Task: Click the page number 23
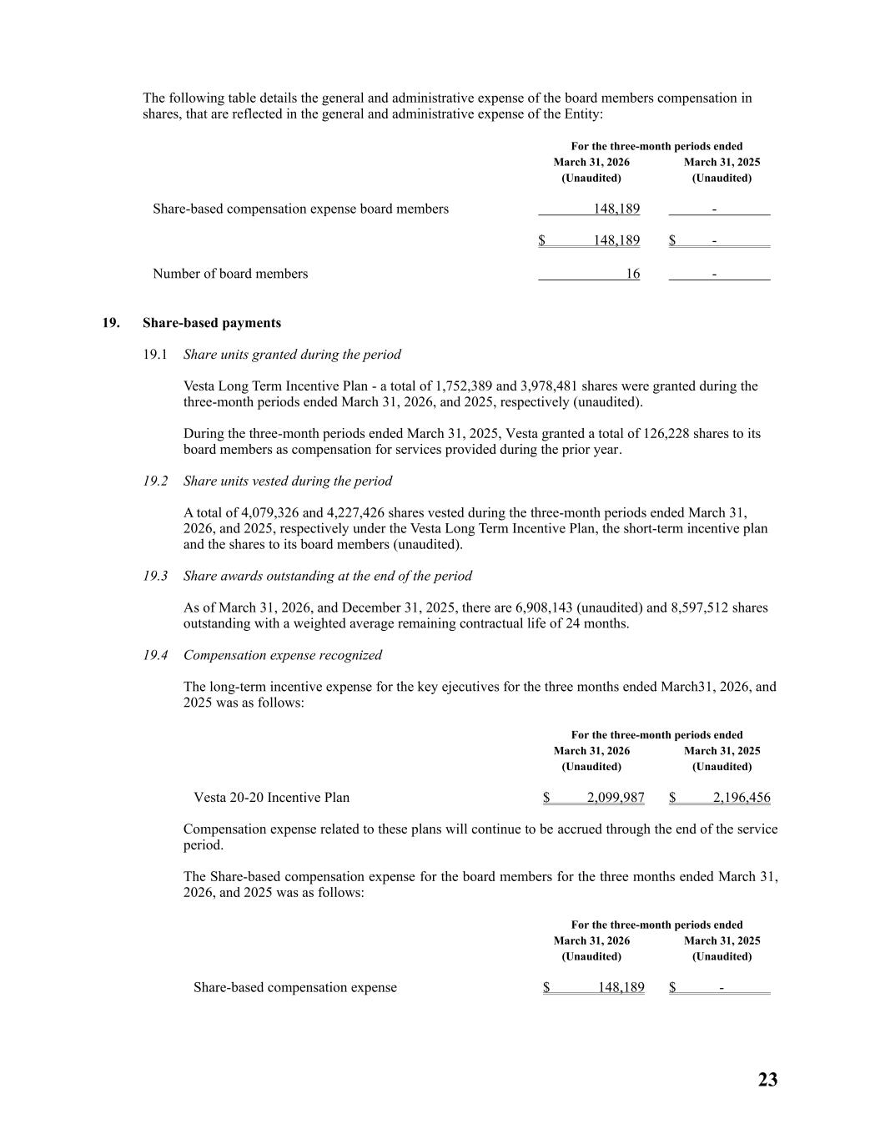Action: tap(767, 1080)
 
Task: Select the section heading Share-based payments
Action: tap(211, 323)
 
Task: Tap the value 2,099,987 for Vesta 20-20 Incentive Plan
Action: tap(616, 798)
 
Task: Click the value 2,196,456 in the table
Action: tap(742, 798)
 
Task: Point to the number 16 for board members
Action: tap(633, 274)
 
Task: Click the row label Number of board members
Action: tap(230, 274)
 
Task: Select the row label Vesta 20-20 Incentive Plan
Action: tap(271, 798)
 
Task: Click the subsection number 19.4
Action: tap(155, 655)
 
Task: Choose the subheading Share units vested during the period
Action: tap(287, 481)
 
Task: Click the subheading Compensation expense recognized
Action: tap(282, 655)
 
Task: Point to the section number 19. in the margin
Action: tap(110, 323)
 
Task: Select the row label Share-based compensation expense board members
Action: tap(300, 209)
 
